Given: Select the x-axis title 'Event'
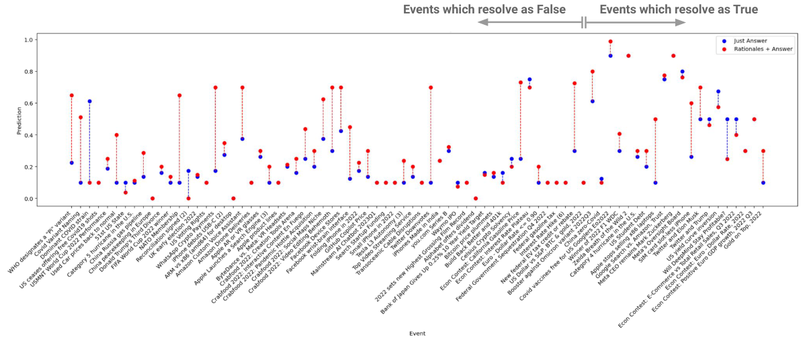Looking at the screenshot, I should click(418, 333).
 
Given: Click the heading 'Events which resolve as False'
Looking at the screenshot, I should click(484, 9).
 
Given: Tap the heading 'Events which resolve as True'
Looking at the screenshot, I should click(679, 9).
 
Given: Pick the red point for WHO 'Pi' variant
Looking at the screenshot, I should click(71, 95).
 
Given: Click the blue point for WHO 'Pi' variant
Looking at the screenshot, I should click(71, 163).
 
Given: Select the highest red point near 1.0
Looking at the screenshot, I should click(610, 42).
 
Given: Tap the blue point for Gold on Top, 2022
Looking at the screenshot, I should click(763, 183).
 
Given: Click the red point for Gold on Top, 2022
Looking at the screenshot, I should click(763, 151).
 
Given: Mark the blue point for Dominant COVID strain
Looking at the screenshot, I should click(89, 101).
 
